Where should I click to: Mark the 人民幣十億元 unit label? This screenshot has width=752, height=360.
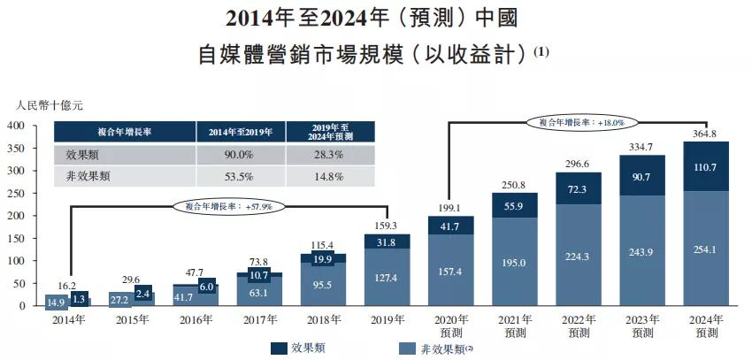click(x=50, y=105)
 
